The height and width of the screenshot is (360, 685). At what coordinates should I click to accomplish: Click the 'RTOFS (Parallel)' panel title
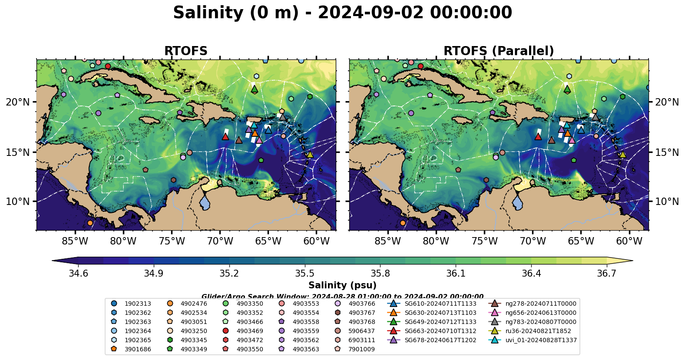[499, 51]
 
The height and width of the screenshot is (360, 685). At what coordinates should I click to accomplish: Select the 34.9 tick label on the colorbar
[154, 273]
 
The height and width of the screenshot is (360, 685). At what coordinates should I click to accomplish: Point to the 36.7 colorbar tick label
[607, 273]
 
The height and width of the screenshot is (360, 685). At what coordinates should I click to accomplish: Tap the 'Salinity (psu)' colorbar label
[342, 285]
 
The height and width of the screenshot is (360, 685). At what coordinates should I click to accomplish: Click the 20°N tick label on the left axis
[18, 102]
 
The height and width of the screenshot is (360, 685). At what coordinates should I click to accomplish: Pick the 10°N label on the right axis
[667, 201]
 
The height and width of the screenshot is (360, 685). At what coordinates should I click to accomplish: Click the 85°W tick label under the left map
[75, 241]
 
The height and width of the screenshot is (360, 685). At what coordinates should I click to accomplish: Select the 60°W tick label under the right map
[629, 241]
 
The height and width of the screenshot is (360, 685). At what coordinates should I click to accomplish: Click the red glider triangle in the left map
[225, 137]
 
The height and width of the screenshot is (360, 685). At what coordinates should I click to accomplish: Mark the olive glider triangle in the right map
[622, 154]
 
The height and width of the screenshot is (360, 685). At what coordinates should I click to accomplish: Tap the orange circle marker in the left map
[90, 223]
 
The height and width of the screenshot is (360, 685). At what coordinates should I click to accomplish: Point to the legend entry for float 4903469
[250, 331]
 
